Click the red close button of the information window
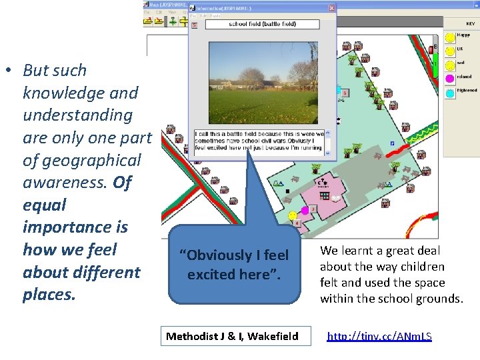point(331,9)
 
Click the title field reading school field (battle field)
point(261,24)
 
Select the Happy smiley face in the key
point(450,37)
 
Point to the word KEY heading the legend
point(470,23)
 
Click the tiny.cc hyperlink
point(379,337)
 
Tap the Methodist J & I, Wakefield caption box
point(232,336)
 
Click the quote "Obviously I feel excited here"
point(237,265)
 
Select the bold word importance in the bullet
point(75,227)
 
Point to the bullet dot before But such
point(8,71)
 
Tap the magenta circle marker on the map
point(305,211)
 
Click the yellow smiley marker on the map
point(292,215)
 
